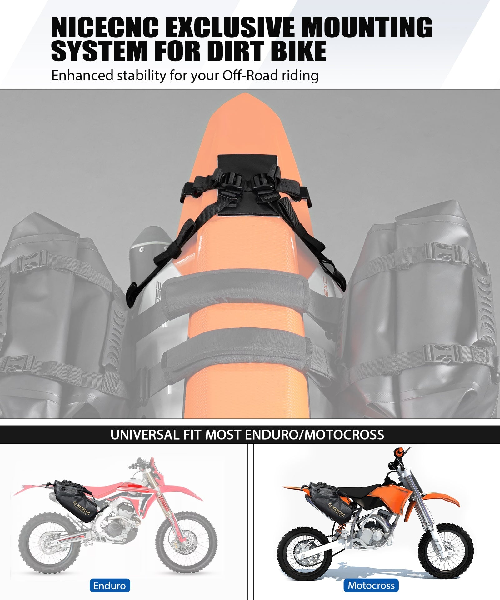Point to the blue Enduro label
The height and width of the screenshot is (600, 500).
click(109, 585)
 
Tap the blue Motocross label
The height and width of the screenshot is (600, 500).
click(371, 585)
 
